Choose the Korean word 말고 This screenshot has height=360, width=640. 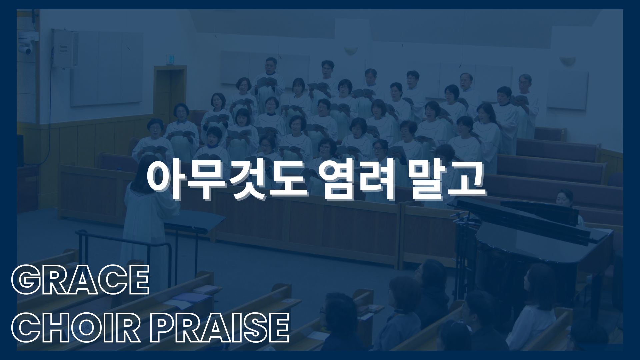447,180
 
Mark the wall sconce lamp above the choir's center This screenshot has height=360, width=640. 351,50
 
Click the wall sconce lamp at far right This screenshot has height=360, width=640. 567,61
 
